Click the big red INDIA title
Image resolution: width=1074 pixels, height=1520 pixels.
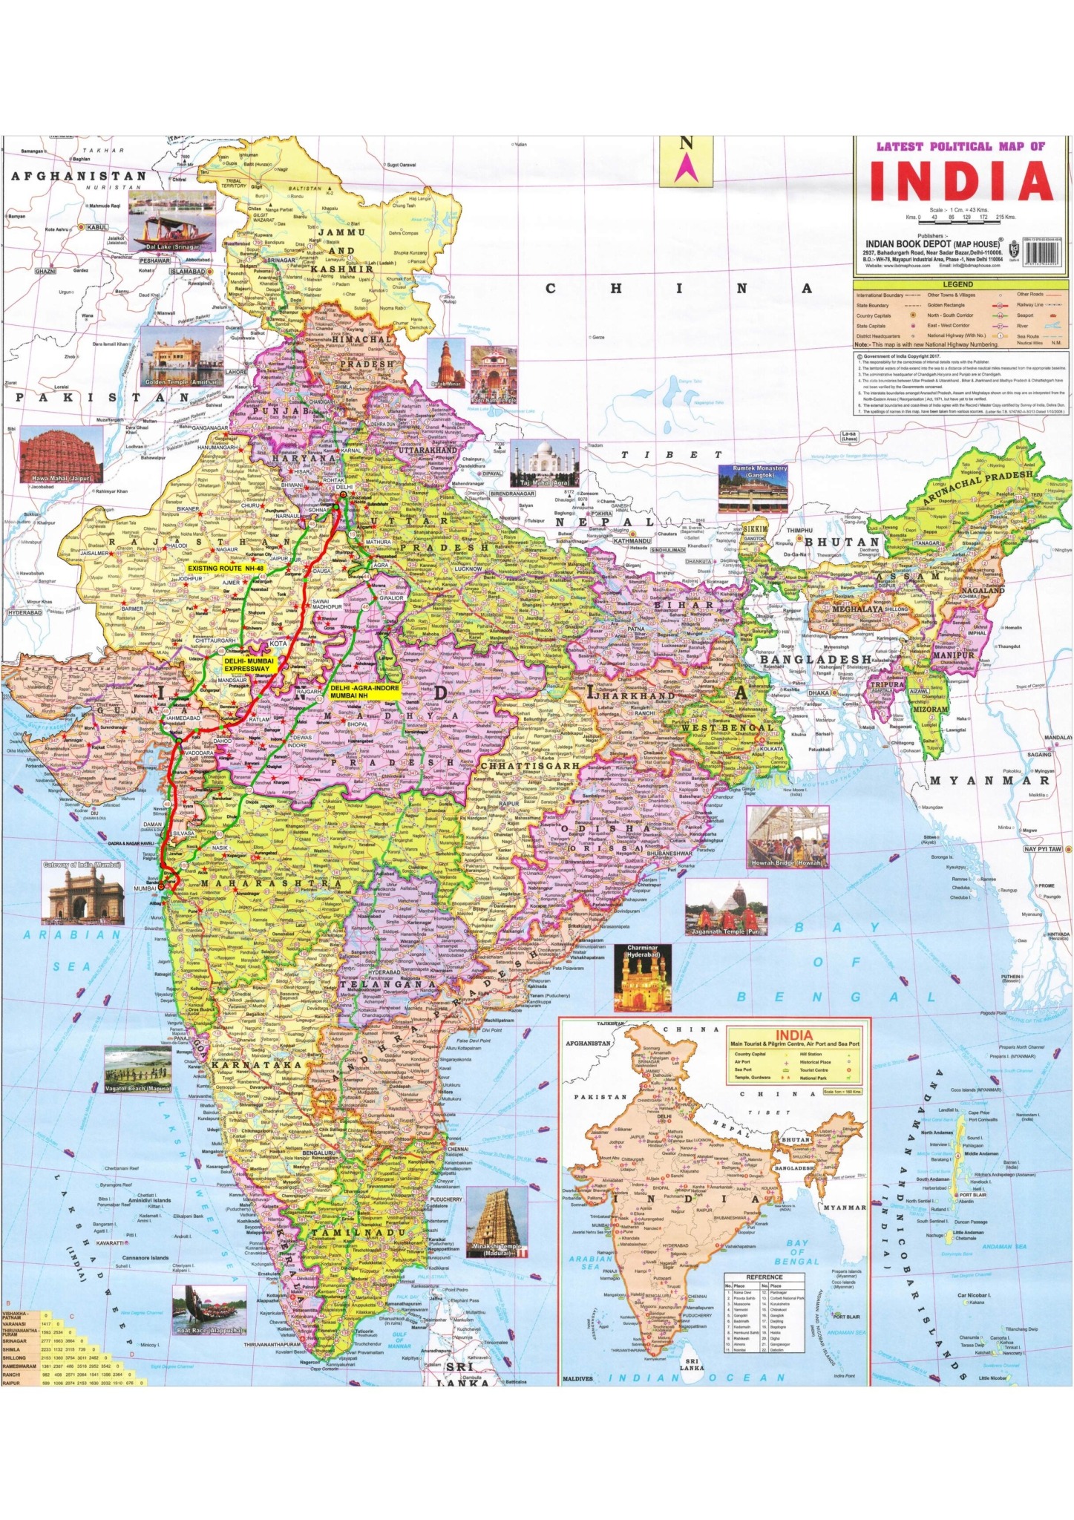coord(961,181)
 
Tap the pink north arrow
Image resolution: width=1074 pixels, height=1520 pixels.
coord(685,168)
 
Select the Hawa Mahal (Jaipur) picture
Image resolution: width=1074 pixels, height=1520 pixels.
coord(61,456)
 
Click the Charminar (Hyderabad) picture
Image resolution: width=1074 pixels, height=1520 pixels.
coord(642,977)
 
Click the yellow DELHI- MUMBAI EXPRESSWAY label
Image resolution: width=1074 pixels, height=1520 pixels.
coord(249,664)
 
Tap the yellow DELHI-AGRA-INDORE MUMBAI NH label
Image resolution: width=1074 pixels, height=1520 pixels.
coord(364,691)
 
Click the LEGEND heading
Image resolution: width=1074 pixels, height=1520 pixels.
coord(957,284)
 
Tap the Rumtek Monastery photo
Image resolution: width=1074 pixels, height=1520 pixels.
coord(753,488)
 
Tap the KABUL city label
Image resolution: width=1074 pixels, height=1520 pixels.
coord(97,227)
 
